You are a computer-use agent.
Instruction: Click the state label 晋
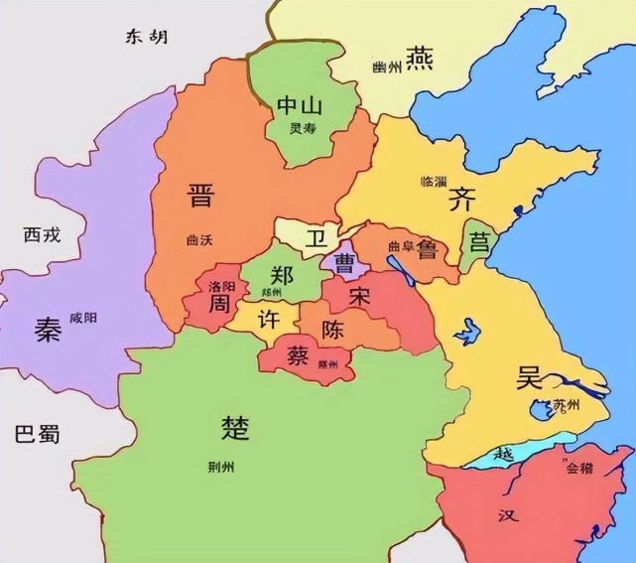coord(200,195)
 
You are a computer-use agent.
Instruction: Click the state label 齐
coord(460,198)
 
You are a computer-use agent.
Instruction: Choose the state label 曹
coord(344,263)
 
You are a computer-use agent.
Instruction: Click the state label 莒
coord(479,241)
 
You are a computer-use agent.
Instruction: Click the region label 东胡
coord(146,37)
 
